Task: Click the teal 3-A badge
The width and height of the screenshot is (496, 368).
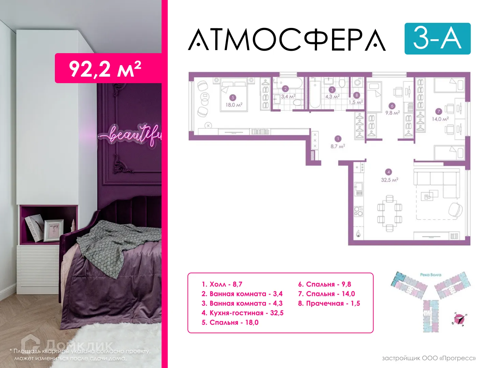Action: pos(437,39)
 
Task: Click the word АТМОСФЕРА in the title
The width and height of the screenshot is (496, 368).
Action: pos(287,40)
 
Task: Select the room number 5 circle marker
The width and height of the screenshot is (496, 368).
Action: pos(233,98)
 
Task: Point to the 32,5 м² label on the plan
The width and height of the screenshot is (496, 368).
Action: pos(389,180)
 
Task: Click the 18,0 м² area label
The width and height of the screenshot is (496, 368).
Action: pos(234,105)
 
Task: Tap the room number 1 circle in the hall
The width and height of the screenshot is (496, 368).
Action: pos(337,139)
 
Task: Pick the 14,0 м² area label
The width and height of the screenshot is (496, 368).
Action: pos(440,119)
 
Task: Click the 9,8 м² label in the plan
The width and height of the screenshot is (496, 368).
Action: pos(392,113)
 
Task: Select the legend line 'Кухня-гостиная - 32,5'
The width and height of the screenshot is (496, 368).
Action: pos(242,313)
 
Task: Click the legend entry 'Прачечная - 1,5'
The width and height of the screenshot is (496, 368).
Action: pos(329,303)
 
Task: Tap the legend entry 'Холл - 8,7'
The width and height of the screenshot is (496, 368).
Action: pos(222,284)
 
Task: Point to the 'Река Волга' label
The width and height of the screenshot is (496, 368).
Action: pos(431,275)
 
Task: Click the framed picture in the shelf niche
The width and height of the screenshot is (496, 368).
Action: pos(54,230)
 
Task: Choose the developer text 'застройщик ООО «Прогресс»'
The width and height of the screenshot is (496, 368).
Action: pos(429,358)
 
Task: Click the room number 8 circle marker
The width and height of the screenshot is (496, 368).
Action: pos(357,95)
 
